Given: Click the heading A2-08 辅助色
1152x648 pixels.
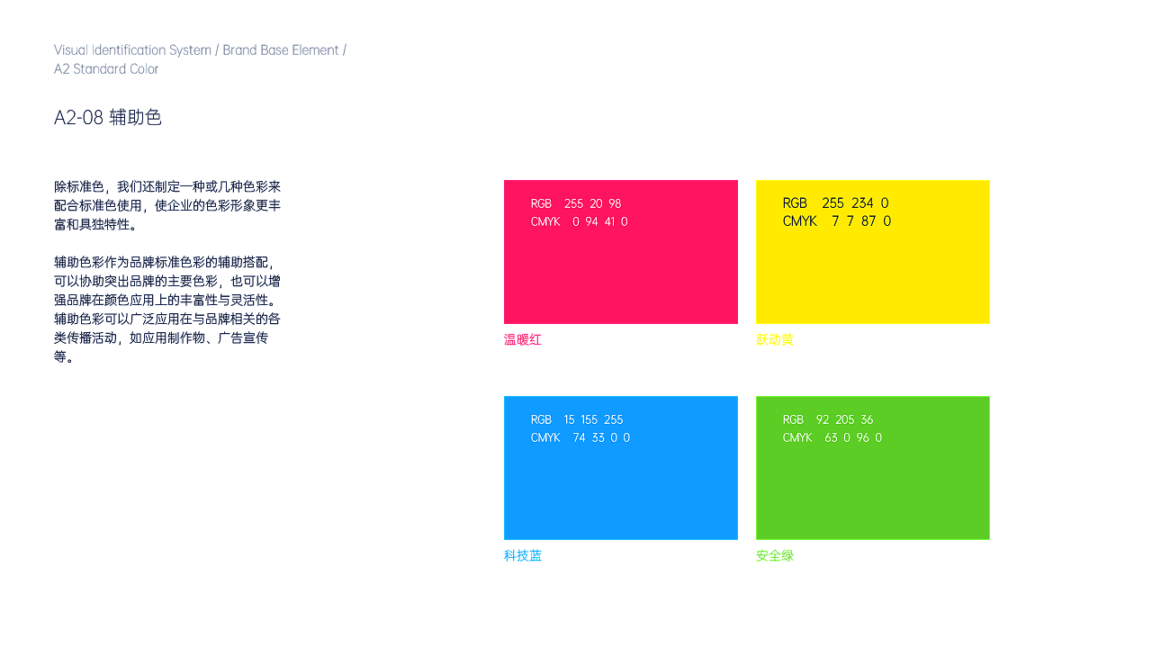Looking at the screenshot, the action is pos(107,118).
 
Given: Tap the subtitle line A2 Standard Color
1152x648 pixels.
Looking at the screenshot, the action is pos(106,69).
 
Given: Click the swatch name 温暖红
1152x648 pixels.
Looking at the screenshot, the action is pos(523,339).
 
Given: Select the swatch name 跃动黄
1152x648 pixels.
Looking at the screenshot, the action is pos(775,339).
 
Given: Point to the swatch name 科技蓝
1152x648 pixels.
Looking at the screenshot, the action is pos(523,555).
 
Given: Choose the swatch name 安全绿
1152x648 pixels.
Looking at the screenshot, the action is pos(775,555).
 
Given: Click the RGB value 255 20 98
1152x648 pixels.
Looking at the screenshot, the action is pos(592,203).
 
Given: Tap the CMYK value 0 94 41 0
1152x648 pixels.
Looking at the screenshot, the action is pos(600,221).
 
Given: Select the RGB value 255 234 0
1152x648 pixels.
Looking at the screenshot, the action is pos(855,203).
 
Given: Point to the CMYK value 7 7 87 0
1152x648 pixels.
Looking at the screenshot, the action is pos(861,221).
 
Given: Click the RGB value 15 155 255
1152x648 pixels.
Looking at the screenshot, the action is pos(593,419).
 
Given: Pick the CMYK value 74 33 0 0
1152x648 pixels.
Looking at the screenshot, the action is pos(601,437).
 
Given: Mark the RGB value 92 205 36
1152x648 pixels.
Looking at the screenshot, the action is pos(844,419).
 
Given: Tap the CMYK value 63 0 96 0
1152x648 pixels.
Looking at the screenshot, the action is pos(853,437).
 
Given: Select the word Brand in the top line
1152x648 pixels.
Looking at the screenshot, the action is pos(239,49).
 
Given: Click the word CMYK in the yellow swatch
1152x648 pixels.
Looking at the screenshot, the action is pos(800,221).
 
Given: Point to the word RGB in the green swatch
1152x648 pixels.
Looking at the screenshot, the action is pos(793,419).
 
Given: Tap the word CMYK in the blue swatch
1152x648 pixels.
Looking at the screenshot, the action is pos(545,437).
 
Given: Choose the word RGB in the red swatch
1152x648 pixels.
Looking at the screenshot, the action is pos(541,203).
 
